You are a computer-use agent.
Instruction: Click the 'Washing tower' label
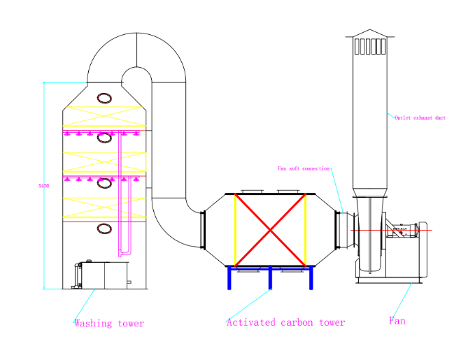109,324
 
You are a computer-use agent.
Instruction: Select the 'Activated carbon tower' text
285,322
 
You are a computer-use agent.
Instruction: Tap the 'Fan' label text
397,322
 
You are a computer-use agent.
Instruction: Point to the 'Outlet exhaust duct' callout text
420,117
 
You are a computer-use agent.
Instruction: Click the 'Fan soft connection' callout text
304,168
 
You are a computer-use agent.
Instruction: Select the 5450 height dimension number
41,186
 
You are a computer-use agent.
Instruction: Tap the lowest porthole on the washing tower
104,228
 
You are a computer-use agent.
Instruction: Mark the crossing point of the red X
269,230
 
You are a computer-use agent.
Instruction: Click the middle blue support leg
269,278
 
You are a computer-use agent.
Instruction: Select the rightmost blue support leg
308,278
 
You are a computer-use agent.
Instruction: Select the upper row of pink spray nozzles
105,133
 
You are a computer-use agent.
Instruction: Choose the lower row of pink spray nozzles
105,180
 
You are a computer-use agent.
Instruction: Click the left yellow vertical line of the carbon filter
234,230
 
